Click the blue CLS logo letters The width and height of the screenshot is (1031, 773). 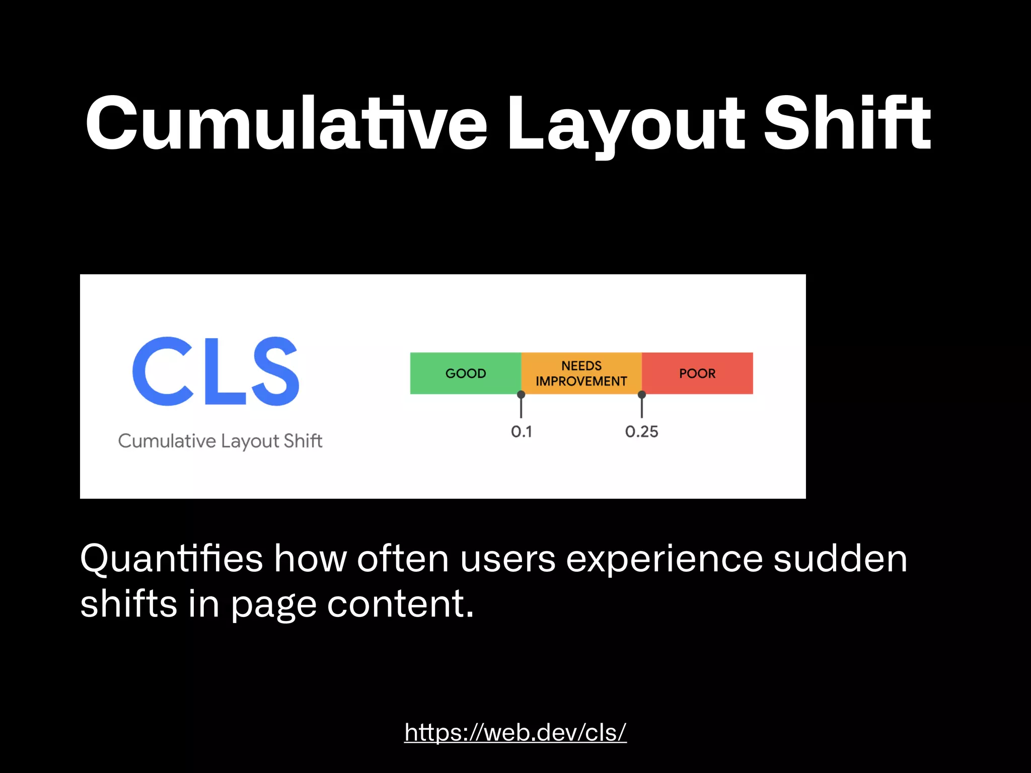(215, 371)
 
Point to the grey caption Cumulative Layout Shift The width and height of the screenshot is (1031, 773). (220, 441)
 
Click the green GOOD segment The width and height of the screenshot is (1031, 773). (465, 373)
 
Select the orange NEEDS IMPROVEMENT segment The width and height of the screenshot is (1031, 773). (581, 373)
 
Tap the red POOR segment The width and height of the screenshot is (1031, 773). (697, 373)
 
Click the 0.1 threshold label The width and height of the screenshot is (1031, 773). (521, 432)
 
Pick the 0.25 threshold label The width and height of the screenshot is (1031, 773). (641, 432)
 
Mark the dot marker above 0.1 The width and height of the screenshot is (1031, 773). (521, 395)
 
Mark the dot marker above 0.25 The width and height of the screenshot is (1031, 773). (642, 395)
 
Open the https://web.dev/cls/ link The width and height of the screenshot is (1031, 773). (515, 732)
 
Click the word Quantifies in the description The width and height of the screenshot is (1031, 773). (171, 559)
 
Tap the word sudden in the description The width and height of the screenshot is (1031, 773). (840, 559)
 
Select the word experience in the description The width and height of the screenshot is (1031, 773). (664, 559)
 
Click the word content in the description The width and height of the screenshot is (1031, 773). (400, 604)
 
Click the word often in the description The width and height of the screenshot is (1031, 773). (403, 559)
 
